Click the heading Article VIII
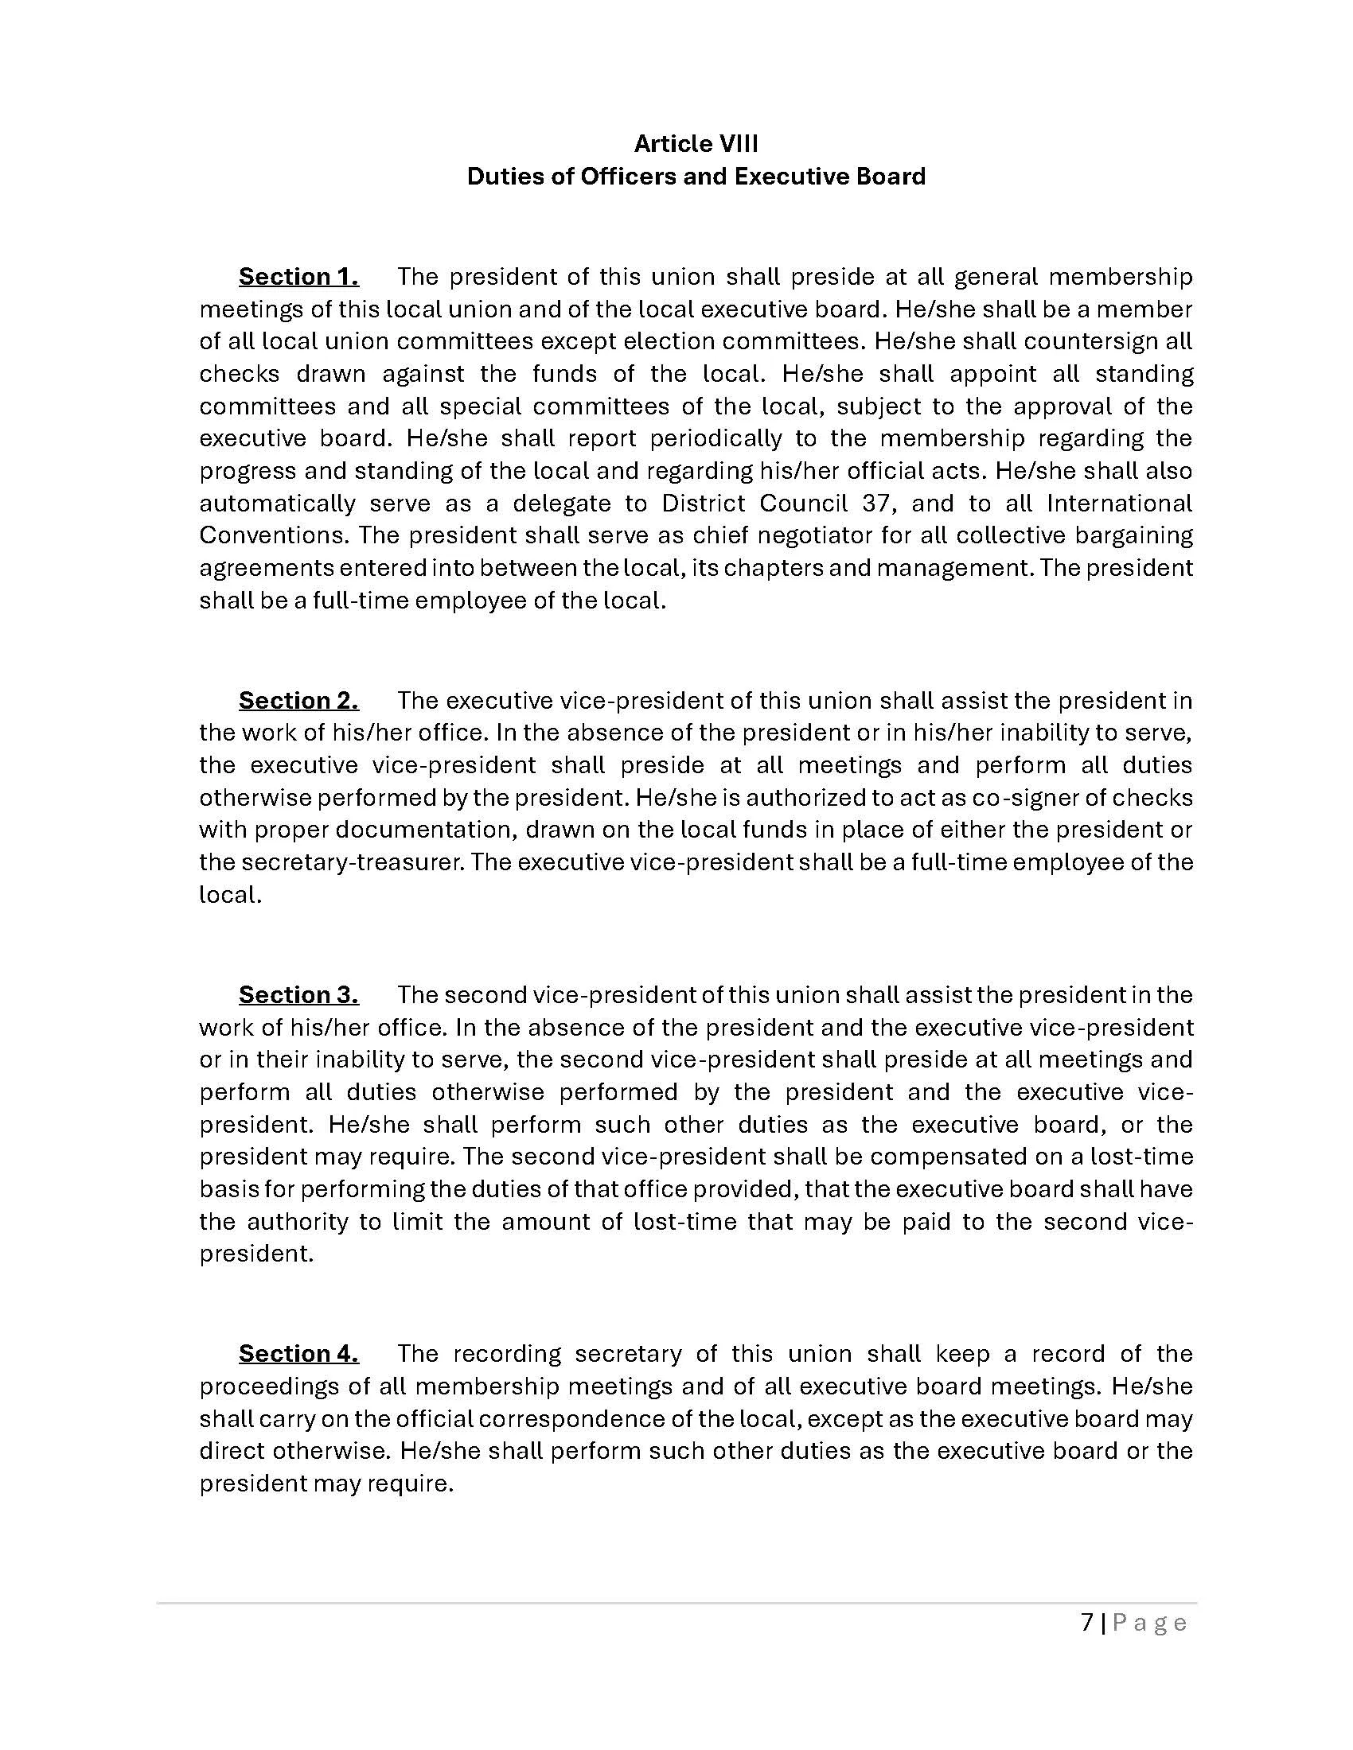pos(696,143)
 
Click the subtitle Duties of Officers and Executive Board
pos(696,177)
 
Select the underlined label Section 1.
pos(298,277)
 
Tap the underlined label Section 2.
pos(298,700)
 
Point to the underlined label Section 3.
pos(298,994)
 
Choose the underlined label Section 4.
pos(298,1353)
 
